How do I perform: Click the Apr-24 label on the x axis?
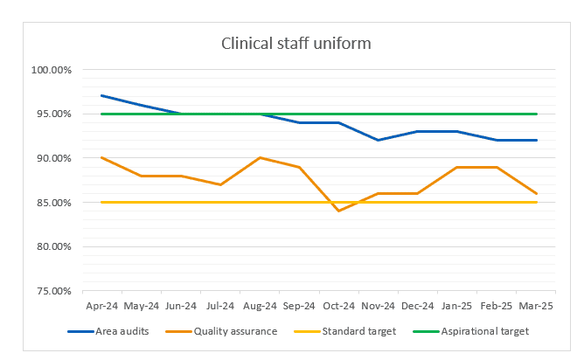click(102, 306)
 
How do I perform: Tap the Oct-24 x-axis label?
click(339, 306)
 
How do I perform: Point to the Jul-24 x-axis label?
click(220, 306)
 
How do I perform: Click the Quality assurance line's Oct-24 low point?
click(339, 211)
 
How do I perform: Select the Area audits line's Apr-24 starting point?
click(102, 95)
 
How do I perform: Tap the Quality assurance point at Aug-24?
click(261, 157)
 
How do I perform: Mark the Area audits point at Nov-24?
click(379, 140)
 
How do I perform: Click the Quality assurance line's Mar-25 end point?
click(537, 193)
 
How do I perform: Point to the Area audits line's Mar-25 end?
click(537, 140)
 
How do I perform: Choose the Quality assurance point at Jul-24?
click(220, 184)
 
